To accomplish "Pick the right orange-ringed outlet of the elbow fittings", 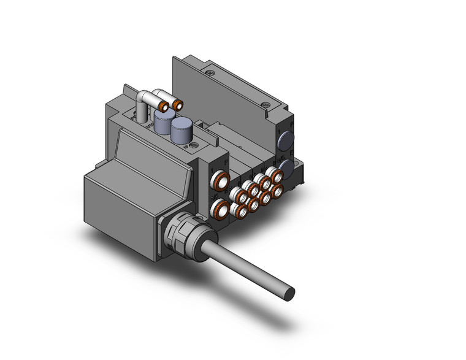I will click(x=179, y=105).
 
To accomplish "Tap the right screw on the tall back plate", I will click(x=265, y=104).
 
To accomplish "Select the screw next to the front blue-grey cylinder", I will click(x=194, y=146).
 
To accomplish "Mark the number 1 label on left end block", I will click(x=213, y=167).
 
